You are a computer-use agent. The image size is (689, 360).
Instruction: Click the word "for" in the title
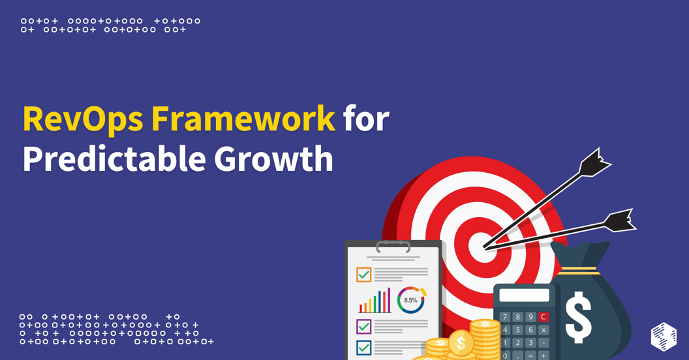(x=366, y=119)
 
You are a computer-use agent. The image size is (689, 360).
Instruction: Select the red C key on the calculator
(x=544, y=317)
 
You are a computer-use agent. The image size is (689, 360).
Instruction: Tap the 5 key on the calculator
(x=518, y=330)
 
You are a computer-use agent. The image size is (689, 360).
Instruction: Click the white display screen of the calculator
(x=524, y=295)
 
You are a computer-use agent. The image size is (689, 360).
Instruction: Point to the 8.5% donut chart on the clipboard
(x=411, y=301)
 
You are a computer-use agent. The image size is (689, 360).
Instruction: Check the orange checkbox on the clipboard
(x=364, y=275)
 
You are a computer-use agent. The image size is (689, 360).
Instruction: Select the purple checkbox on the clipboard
(x=364, y=325)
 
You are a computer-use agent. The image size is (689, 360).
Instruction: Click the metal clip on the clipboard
(x=393, y=247)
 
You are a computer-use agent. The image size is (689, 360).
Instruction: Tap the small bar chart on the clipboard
(x=374, y=301)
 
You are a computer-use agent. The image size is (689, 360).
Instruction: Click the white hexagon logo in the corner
(x=664, y=337)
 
